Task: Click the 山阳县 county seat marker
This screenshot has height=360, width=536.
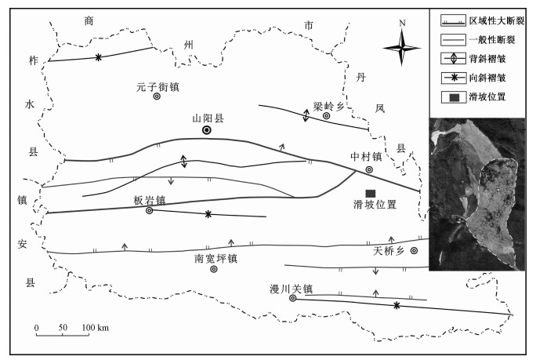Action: pyautogui.click(x=206, y=130)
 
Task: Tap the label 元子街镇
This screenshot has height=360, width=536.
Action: pyautogui.click(x=158, y=87)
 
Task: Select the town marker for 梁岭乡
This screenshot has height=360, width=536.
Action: pyautogui.click(x=327, y=115)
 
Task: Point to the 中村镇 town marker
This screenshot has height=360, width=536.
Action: pyautogui.click(x=369, y=169)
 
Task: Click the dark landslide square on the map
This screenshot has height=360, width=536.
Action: pyautogui.click(x=371, y=194)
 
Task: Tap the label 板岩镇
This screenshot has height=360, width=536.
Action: pyautogui.click(x=150, y=200)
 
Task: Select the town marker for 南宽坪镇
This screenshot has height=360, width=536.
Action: pyautogui.click(x=214, y=269)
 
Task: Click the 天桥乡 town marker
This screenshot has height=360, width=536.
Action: pyautogui.click(x=414, y=250)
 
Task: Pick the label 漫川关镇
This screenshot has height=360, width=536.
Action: pyautogui.click(x=292, y=289)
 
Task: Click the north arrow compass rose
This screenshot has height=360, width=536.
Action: pyautogui.click(x=402, y=48)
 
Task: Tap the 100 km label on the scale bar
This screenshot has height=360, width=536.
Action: pyautogui.click(x=95, y=328)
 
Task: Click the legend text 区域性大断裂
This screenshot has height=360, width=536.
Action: pyautogui.click(x=497, y=21)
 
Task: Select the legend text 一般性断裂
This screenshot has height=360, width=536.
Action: pyautogui.click(x=492, y=40)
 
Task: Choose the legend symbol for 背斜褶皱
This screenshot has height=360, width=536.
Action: pyautogui.click(x=453, y=59)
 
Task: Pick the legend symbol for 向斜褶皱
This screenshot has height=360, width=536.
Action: pyautogui.click(x=453, y=78)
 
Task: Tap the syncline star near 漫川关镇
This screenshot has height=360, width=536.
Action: pyautogui.click(x=397, y=306)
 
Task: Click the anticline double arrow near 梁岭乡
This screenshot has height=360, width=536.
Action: pyautogui.click(x=306, y=115)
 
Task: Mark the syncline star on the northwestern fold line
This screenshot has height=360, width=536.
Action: pyautogui.click(x=99, y=57)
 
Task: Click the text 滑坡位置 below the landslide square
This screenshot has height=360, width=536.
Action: pyautogui.click(x=375, y=205)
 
